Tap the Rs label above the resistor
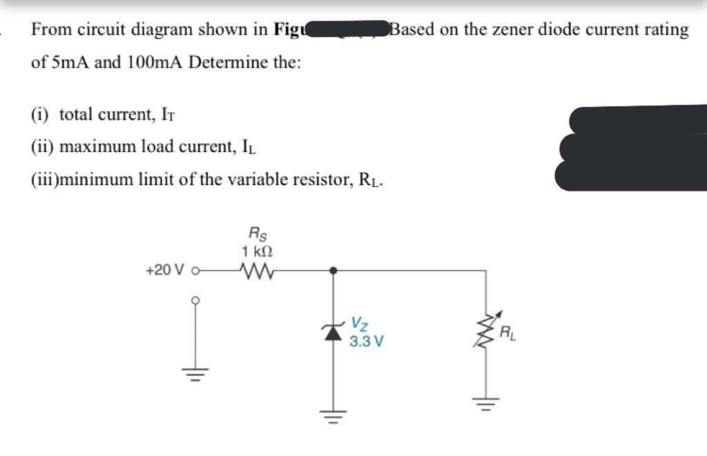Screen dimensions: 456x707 coord(255,234)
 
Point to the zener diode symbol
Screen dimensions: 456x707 coord(334,331)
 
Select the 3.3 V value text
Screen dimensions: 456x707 coord(367,341)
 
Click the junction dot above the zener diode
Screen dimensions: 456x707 coord(334,270)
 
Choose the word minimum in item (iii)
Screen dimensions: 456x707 coord(95,180)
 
